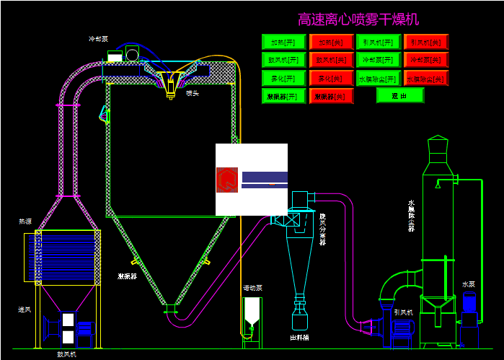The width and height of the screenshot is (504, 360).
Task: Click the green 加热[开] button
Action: [x=283, y=42]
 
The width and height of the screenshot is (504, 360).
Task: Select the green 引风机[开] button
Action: [x=379, y=42]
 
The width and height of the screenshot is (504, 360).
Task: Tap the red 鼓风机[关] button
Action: [x=331, y=59]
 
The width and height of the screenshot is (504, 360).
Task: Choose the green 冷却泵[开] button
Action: [x=379, y=59]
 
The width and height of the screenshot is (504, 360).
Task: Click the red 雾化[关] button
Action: [x=331, y=77]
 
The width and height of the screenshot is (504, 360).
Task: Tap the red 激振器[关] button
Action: [x=331, y=95]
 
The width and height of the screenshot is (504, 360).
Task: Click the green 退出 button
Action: [x=399, y=95]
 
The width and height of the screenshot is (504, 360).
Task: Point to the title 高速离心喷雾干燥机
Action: [x=358, y=19]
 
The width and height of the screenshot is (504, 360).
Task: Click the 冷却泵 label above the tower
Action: [x=98, y=39]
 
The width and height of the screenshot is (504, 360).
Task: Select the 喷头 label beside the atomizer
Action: [x=193, y=93]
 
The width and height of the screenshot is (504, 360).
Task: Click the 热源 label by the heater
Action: [x=25, y=221]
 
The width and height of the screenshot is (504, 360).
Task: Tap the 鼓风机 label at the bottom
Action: [x=66, y=354]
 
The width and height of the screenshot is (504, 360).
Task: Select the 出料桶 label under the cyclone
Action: [x=299, y=337]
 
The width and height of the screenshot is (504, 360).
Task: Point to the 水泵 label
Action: [x=469, y=284]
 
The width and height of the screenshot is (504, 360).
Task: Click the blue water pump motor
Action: [x=469, y=306]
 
